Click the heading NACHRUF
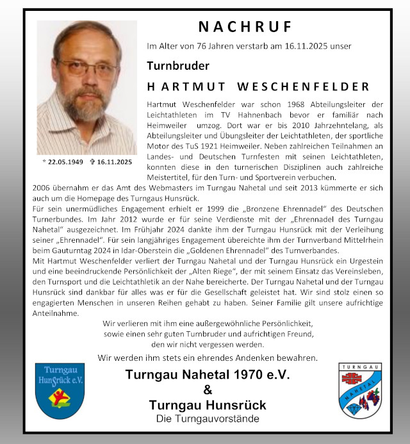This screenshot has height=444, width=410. (245, 27)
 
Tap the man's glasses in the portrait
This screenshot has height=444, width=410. (86, 69)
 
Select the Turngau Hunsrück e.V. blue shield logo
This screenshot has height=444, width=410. (59, 391)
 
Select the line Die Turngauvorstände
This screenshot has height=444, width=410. (208, 419)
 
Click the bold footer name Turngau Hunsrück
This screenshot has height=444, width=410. (208, 406)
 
